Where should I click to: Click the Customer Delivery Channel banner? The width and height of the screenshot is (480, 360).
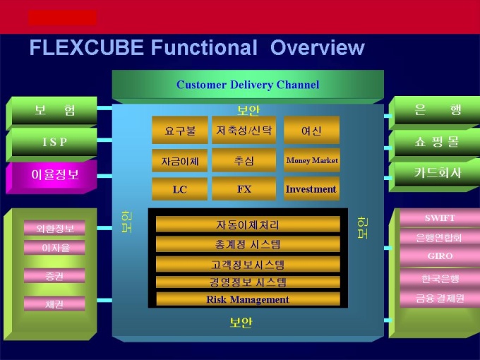pos(248,85)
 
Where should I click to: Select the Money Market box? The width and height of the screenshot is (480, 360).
pos(311,160)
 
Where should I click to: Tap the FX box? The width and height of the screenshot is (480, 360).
pos(244,189)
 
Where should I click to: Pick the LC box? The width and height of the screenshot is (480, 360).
pos(179,189)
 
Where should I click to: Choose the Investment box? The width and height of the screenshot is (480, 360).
pos(311,189)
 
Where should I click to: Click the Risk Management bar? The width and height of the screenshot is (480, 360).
pos(248,299)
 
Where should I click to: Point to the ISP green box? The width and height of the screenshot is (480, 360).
pos(54,142)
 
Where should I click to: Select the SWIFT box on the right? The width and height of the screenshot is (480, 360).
pos(440,218)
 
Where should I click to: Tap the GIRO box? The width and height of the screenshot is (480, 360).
pos(440,256)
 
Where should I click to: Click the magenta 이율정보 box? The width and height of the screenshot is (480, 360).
pos(54,174)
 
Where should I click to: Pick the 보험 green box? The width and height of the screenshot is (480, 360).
pos(54,109)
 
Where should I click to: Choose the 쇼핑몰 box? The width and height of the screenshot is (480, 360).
pos(436,141)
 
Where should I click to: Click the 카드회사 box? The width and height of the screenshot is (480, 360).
pos(436,172)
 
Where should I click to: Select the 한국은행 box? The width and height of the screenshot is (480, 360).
pos(440,278)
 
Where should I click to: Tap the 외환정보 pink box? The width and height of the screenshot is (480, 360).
pos(54,228)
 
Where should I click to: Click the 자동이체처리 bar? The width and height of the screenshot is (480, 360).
pos(248,225)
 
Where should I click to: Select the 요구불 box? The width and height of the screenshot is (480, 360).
pos(179,131)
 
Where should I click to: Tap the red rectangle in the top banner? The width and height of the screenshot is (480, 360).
pos(62,18)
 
